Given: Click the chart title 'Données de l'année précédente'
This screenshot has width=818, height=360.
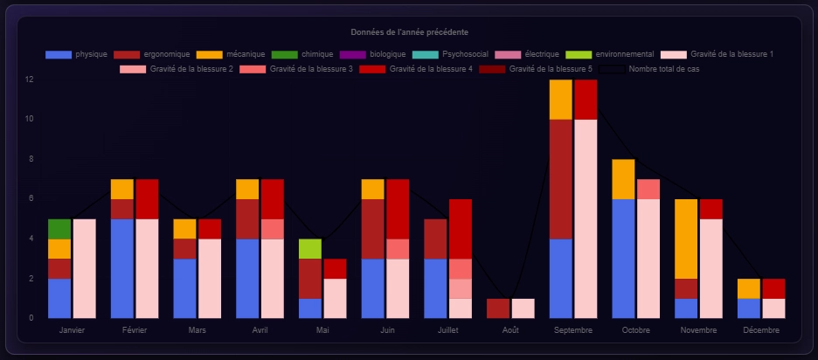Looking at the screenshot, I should coord(408,32).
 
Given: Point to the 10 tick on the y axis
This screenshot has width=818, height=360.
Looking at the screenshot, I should coord(30,120).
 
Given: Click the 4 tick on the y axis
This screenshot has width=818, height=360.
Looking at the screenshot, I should coord(30,239).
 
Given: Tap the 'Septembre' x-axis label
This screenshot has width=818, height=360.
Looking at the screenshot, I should coord(573,331).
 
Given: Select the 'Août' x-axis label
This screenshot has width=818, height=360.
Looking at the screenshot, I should coord(510,331).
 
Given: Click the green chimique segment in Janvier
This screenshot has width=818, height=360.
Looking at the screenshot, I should coord(59,229).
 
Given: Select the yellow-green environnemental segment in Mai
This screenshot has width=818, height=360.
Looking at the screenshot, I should coord(309,249).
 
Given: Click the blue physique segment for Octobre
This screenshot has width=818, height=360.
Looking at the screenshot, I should coord(623,259).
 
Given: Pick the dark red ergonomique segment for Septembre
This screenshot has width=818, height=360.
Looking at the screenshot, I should coord(560,179).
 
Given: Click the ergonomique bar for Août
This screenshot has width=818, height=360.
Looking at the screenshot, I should coord(498,308).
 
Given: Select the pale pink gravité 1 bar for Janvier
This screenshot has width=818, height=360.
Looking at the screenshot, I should coord(84,268).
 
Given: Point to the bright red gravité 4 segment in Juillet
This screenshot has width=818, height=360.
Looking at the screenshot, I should coord(461,229).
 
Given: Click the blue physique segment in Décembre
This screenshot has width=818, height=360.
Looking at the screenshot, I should coord(749,308).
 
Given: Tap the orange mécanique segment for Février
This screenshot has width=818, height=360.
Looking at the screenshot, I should coord(122,189).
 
